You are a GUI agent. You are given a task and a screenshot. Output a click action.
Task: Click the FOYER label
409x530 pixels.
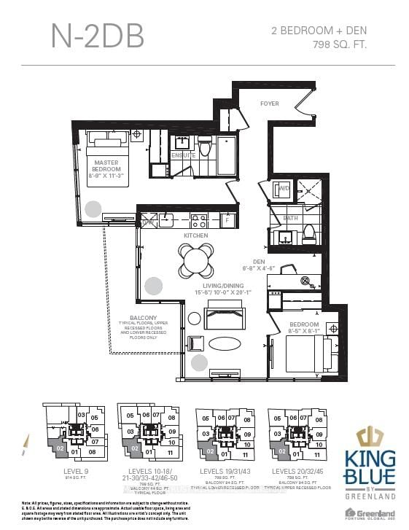click(x=269, y=104)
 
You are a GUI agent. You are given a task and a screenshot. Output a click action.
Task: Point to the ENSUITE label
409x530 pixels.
click(x=183, y=155)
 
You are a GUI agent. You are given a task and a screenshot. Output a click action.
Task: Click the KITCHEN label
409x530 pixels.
click(x=195, y=235)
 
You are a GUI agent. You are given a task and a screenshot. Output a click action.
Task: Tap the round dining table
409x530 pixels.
click(x=196, y=257)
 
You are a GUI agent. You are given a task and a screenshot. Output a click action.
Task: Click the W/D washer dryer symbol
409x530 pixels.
click(x=284, y=190)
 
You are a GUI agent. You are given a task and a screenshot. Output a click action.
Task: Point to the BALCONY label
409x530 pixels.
click(x=144, y=318)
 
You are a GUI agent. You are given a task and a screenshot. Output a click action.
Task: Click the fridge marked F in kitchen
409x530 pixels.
click(x=227, y=219)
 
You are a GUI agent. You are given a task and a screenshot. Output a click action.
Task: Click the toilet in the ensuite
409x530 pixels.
click(x=206, y=149)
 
